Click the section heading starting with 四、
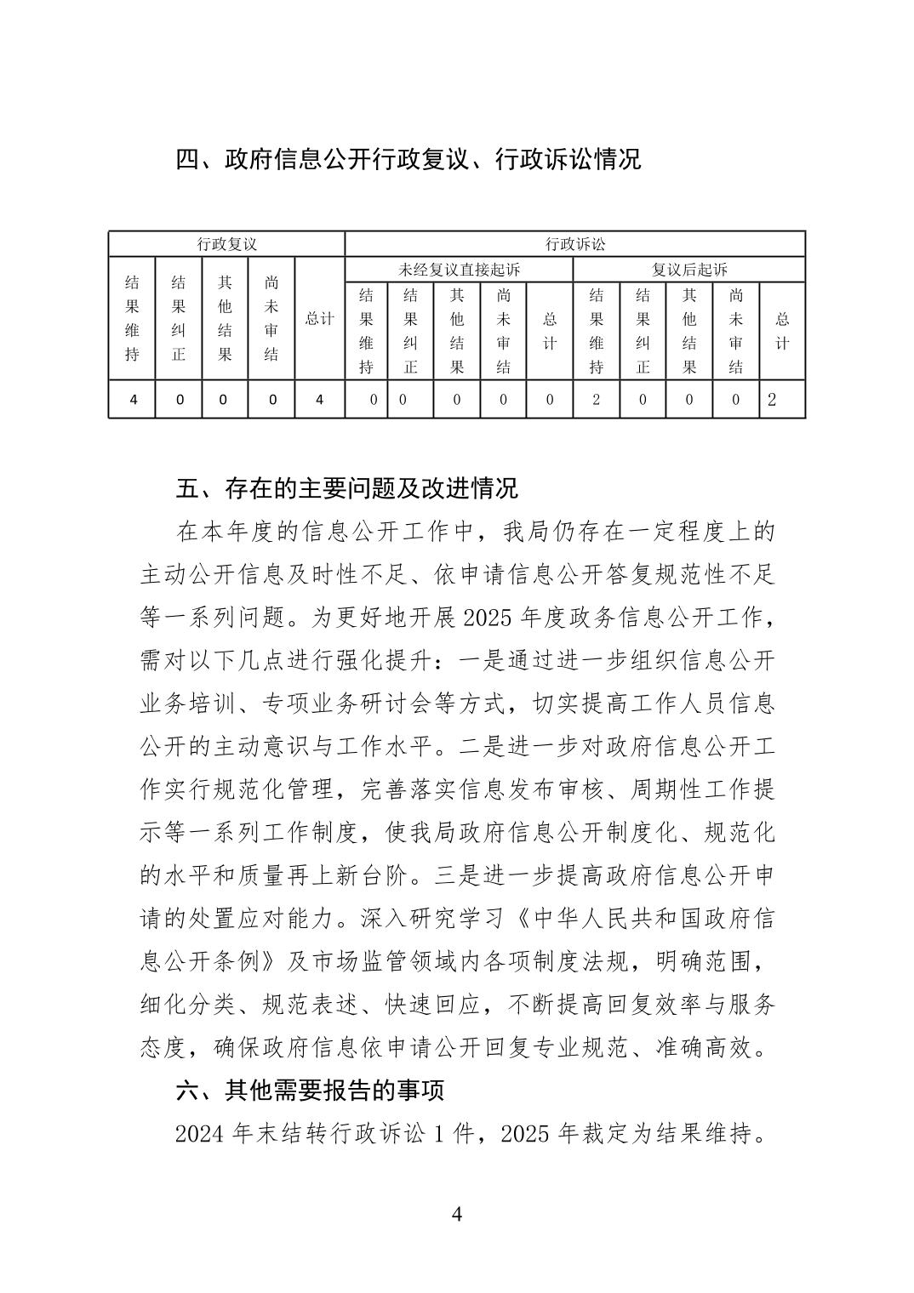click(408, 159)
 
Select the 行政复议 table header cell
click(226, 244)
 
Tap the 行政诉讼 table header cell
click(574, 244)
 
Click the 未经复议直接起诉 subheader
click(459, 270)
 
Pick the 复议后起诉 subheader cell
click(688, 270)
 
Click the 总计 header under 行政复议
click(319, 319)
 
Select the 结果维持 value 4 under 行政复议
click(132, 399)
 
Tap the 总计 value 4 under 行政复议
click(319, 399)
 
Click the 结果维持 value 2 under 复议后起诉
click(596, 399)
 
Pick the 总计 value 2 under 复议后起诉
click(772, 399)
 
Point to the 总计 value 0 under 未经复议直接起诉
click(549, 399)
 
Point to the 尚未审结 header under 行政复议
click(271, 319)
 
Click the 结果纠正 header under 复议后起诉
click(643, 331)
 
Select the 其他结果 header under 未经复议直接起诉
click(457, 331)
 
